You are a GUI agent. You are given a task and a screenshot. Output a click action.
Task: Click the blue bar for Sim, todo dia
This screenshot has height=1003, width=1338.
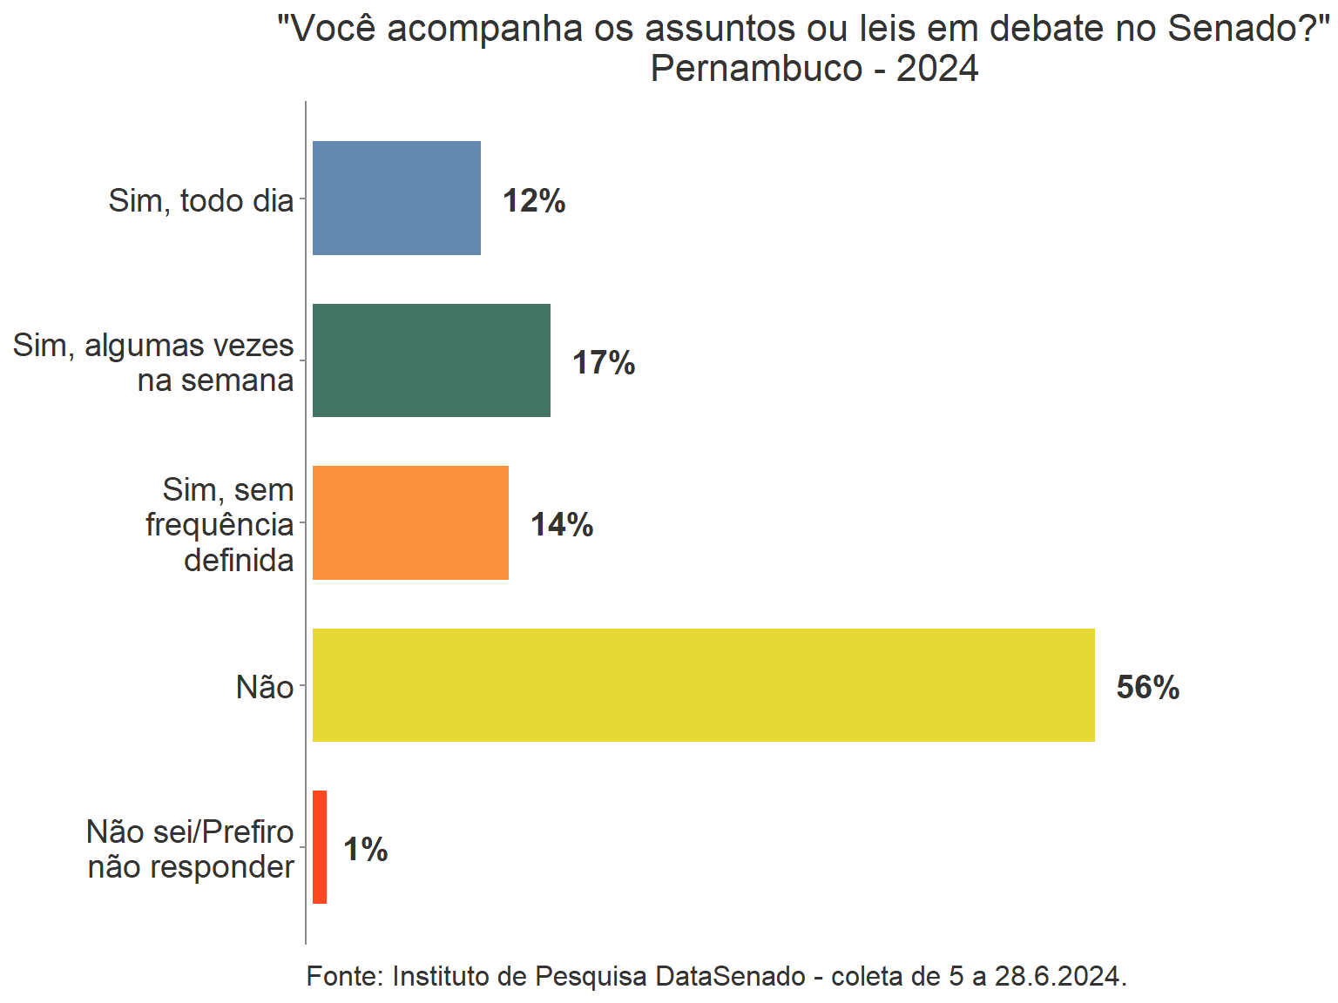(x=396, y=198)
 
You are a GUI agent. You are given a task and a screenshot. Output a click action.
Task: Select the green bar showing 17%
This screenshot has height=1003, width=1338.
(x=431, y=360)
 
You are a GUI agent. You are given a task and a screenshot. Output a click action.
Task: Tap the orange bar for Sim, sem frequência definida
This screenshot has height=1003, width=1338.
(x=410, y=522)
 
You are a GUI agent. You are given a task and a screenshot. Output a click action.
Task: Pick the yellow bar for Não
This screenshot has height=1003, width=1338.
(x=703, y=685)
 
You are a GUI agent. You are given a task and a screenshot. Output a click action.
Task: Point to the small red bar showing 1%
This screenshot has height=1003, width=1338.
(x=320, y=847)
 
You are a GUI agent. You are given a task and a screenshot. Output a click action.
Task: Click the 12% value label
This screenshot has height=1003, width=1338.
(x=534, y=201)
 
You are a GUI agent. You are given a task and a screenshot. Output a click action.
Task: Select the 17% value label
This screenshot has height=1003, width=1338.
(x=604, y=363)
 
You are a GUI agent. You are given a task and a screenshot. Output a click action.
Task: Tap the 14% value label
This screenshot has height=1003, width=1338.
(x=562, y=525)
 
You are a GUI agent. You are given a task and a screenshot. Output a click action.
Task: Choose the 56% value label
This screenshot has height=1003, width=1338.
(x=1148, y=688)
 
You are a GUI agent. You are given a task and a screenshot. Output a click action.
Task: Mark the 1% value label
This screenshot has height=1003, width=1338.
(x=366, y=850)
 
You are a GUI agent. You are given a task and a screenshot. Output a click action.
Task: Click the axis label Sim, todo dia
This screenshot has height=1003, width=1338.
(x=201, y=201)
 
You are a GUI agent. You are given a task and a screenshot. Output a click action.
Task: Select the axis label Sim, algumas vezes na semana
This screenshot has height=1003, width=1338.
(x=153, y=363)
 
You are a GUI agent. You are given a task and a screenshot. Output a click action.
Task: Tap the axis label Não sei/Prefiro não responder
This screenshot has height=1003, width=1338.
(x=191, y=850)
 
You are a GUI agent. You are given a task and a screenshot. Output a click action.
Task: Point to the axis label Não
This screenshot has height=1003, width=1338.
(x=265, y=688)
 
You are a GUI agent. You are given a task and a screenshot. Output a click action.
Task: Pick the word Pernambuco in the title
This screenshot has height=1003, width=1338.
(x=756, y=69)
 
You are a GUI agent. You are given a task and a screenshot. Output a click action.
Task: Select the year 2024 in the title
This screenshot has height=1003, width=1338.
(x=937, y=69)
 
